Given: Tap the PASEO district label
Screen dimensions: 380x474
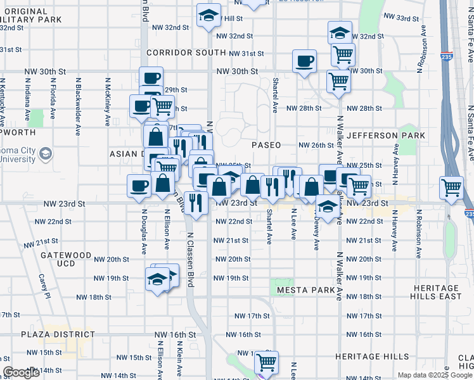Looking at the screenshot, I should (x=266, y=145).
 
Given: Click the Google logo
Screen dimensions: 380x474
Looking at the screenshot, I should (x=20, y=372).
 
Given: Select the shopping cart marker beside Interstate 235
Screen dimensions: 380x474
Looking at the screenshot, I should (x=451, y=187).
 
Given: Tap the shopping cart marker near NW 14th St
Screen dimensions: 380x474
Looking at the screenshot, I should (x=267, y=362).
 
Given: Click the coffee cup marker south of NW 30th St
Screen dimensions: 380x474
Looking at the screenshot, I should (x=305, y=61).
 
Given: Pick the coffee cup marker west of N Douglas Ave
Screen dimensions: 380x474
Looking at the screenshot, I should (x=139, y=186).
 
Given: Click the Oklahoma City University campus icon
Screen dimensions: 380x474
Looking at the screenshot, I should (x=46, y=154).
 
